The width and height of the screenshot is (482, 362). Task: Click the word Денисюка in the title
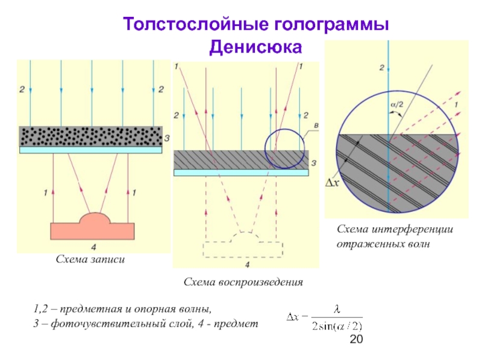coord(255,46)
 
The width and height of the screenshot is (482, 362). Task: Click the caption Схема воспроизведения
coord(243,282)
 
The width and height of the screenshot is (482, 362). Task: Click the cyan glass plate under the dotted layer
coord(91,150)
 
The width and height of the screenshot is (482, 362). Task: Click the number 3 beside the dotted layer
coord(167,138)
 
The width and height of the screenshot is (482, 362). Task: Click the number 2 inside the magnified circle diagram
coord(381,68)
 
